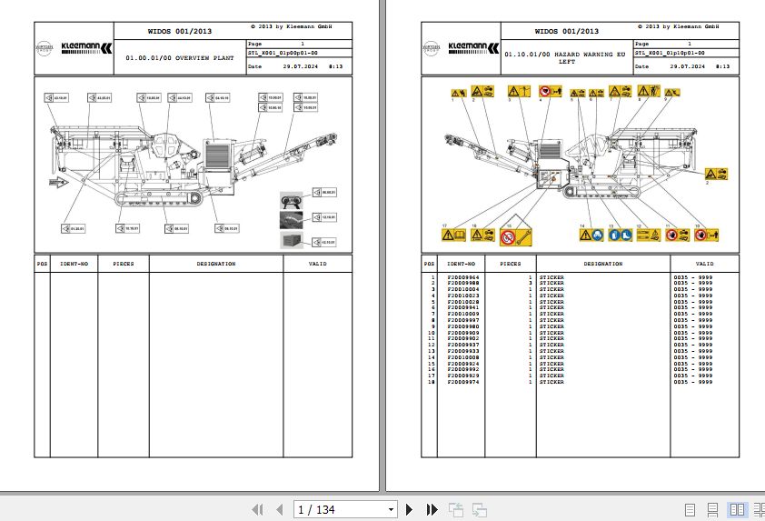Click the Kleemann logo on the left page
[88, 46]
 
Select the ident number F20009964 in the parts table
[463, 277]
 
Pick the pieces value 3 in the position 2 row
[530, 284]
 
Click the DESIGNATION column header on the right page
[602, 264]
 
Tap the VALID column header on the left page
[318, 264]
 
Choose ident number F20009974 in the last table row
[463, 382]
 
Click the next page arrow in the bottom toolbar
[410, 509]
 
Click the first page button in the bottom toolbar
[257, 509]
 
